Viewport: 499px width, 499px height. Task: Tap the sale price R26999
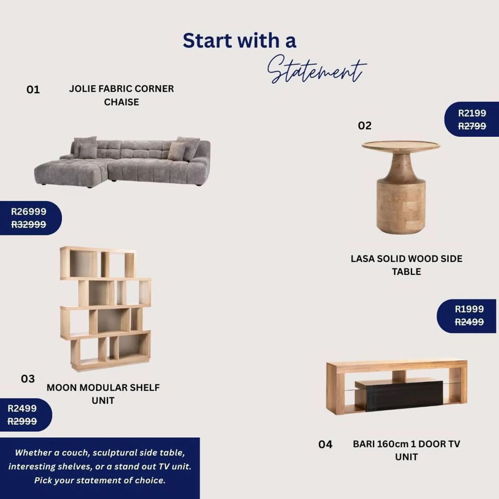click(x=29, y=212)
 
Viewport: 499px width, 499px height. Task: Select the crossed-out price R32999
click(x=29, y=224)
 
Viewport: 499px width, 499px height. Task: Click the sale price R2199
click(x=472, y=113)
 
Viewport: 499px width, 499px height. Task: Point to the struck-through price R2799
click(x=472, y=126)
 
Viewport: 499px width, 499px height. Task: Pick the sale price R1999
click(x=469, y=309)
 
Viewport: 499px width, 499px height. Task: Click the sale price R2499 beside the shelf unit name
click(x=22, y=408)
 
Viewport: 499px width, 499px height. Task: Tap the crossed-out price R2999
click(x=22, y=421)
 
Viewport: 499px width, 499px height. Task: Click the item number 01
click(x=33, y=90)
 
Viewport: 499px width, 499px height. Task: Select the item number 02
click(x=365, y=126)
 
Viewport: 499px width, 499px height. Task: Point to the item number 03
click(x=28, y=379)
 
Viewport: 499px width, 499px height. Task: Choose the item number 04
click(x=325, y=444)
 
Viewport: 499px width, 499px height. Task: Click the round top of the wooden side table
click(x=400, y=145)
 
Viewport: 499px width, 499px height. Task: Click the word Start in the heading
click(x=207, y=41)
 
